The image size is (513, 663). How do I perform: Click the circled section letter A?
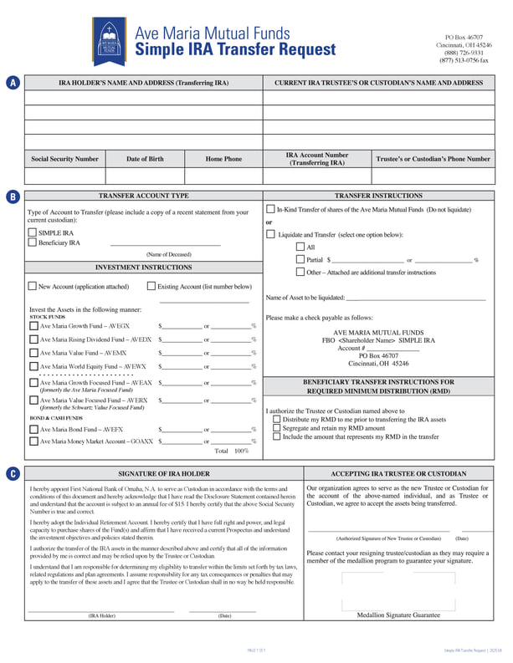click(13, 83)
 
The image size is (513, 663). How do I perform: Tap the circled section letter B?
click(13, 196)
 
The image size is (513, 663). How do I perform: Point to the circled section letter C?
click(13, 473)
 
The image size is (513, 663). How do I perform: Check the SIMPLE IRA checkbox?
click(32, 232)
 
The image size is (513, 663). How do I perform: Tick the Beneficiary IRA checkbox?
click(32, 242)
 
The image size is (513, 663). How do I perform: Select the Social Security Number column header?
click(64, 159)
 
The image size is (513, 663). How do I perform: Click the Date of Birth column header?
click(145, 159)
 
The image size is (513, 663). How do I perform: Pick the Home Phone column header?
click(223, 159)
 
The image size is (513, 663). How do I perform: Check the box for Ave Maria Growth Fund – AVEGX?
click(33, 326)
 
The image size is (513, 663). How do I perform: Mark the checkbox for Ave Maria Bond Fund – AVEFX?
click(33, 429)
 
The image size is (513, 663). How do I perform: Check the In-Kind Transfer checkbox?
click(270, 208)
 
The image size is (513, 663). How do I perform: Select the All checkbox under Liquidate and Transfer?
click(300, 247)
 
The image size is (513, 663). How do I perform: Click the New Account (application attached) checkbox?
click(32, 287)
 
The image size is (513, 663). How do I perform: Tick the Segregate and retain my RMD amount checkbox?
click(277, 428)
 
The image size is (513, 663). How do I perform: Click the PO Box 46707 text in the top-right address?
click(464, 38)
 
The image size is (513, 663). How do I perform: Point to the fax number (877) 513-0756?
click(464, 60)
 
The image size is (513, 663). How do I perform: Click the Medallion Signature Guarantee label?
click(398, 615)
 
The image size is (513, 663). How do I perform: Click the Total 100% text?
click(232, 451)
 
